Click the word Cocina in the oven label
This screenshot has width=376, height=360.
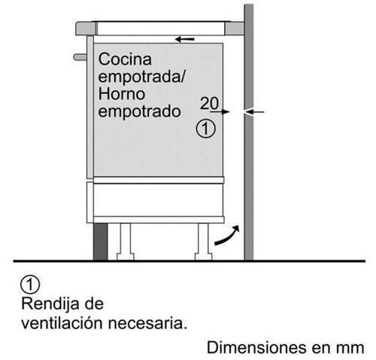pyautogui.click(x=125, y=59)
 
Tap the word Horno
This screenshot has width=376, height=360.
pyautogui.click(x=122, y=94)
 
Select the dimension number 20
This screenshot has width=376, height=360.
pyautogui.click(x=210, y=103)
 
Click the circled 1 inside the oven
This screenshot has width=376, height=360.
pyautogui.click(x=205, y=129)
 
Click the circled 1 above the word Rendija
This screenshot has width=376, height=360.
pyautogui.click(x=30, y=285)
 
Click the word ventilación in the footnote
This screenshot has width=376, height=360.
pyautogui.click(x=62, y=323)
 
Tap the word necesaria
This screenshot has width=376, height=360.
pyautogui.click(x=147, y=323)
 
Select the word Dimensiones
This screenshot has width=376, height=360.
pyautogui.click(x=256, y=348)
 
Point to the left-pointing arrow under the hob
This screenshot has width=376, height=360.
pyautogui.click(x=185, y=39)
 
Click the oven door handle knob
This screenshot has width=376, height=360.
pyautogui.click(x=80, y=57)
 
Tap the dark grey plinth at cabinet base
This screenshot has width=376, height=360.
pyautogui.click(x=100, y=242)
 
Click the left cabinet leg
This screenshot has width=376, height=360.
pyautogui.click(x=126, y=242)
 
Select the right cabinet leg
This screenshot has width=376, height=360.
pyautogui.click(x=203, y=242)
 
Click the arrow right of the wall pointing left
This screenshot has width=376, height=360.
pyautogui.click(x=255, y=112)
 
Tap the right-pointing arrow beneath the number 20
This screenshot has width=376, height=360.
pyautogui.click(x=220, y=112)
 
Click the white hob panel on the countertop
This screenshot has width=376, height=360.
pyautogui.click(x=161, y=28)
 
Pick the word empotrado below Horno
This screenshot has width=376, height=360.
pyautogui.click(x=139, y=111)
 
